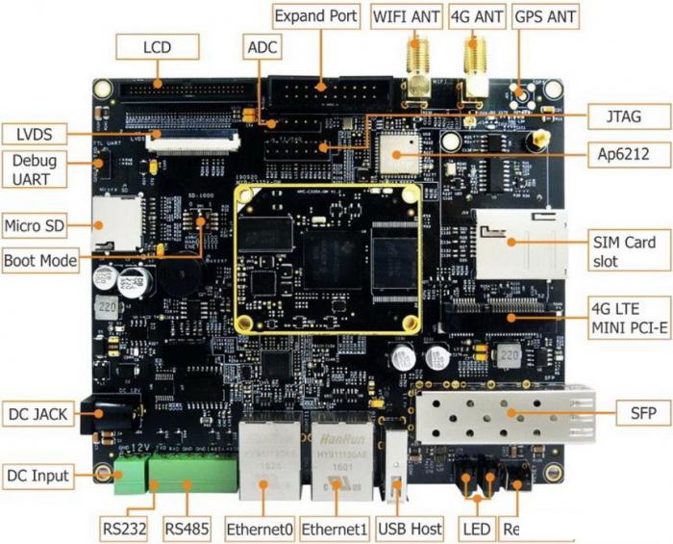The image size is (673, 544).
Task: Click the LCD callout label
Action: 156,46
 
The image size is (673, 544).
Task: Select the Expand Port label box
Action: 316,16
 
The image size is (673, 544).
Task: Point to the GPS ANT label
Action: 546,16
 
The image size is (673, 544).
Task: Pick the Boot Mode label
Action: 40,260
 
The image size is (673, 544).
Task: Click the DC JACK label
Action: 39,414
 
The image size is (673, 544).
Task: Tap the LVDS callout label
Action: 34,132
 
